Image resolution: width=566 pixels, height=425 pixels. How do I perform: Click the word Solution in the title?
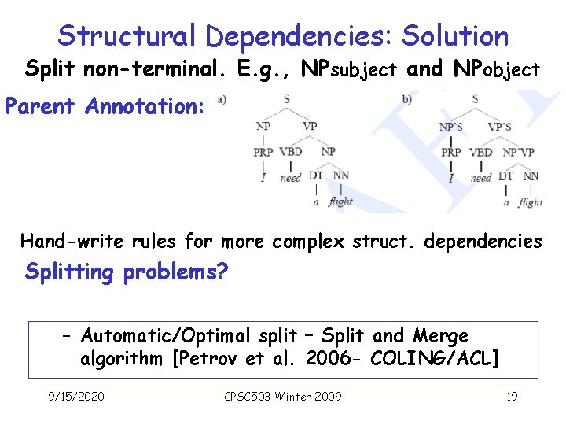454,35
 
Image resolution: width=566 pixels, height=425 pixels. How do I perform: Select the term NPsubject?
349,69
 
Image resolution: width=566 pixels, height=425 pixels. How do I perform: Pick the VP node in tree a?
311,124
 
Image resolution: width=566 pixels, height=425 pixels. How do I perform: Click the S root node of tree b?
475,99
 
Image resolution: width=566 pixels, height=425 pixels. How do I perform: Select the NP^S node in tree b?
450,125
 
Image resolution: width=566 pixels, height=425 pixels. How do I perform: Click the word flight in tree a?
340,201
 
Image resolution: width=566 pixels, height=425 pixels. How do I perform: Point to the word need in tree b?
481,178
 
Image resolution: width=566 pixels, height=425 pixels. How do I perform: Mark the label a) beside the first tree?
222,99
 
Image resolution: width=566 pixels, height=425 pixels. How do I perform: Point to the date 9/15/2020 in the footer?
77,396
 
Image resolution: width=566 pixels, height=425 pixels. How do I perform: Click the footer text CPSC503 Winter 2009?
283,396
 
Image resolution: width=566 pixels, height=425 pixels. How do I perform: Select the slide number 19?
512,396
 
